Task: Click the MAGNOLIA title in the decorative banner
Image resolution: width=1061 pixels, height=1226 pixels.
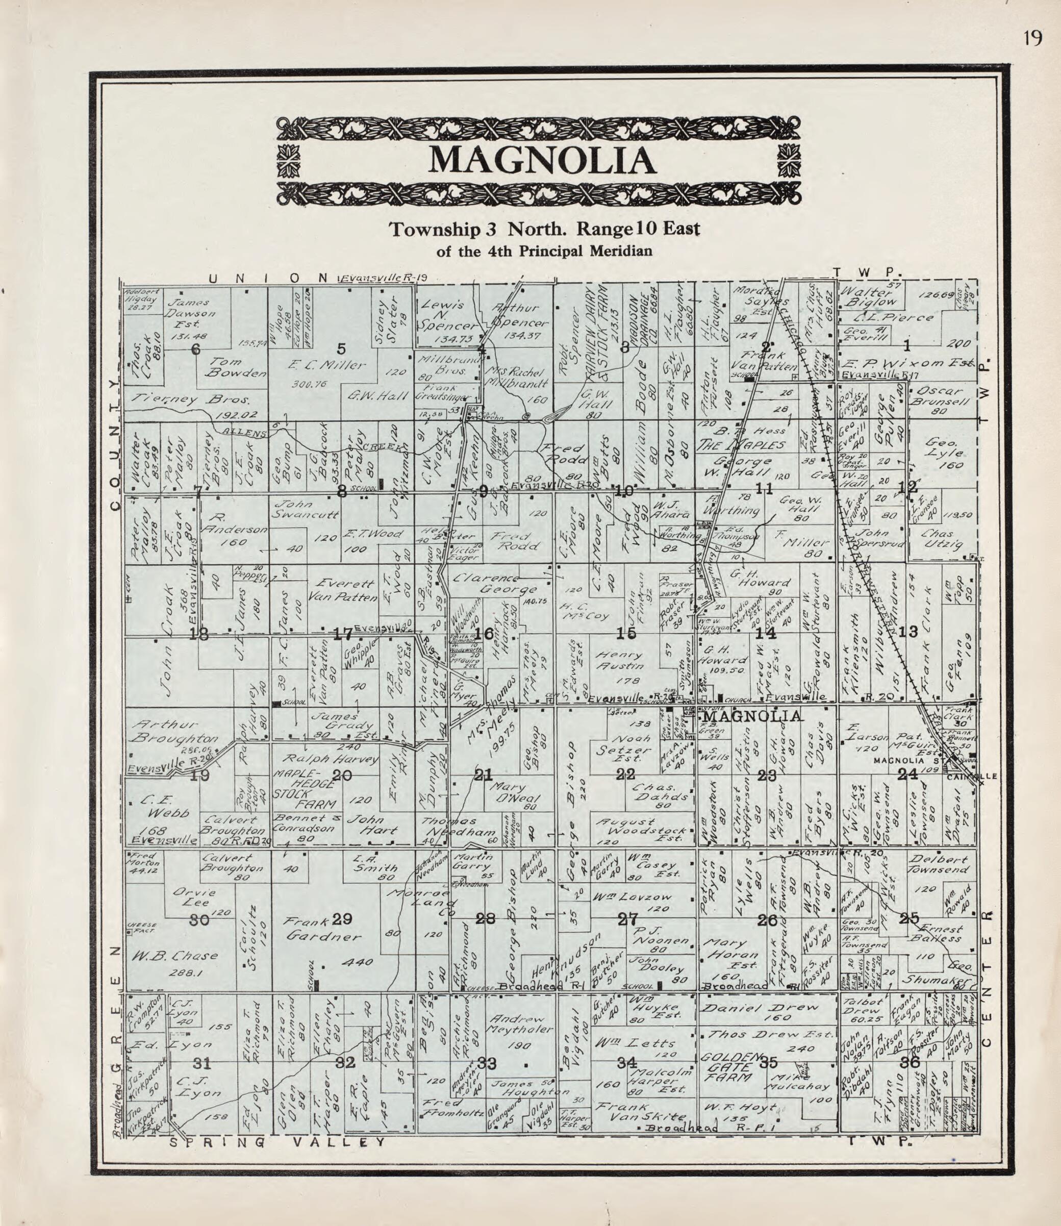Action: tap(542, 160)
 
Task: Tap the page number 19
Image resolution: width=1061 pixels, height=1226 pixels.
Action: tap(1032, 38)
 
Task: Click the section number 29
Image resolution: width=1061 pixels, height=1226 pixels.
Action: tap(342, 919)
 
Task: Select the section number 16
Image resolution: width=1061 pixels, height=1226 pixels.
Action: tap(484, 634)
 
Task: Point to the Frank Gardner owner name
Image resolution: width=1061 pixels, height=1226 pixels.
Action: tap(323, 929)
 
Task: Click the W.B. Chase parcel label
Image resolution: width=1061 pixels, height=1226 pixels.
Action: tap(174, 955)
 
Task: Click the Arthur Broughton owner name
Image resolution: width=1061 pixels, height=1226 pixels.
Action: tap(174, 732)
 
